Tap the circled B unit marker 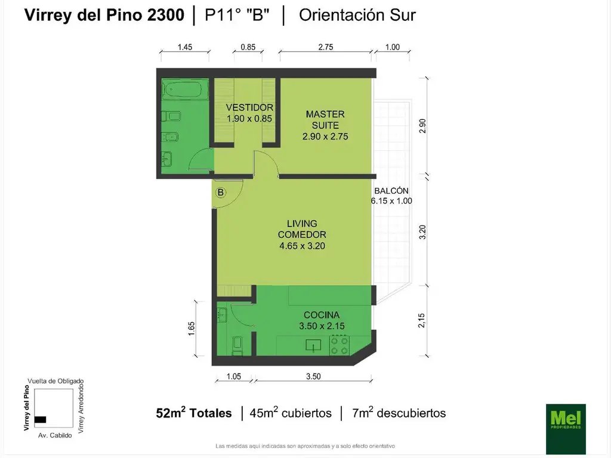tap(221, 192)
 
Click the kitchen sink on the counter tap(313, 345)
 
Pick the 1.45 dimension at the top tap(184, 47)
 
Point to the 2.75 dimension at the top tap(325, 47)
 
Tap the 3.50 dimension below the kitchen tap(313, 376)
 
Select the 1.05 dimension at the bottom tap(233, 376)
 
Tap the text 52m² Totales tap(193, 413)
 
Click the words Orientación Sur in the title tap(357, 16)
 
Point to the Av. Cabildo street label tap(55, 435)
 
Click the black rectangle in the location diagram tap(40, 419)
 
